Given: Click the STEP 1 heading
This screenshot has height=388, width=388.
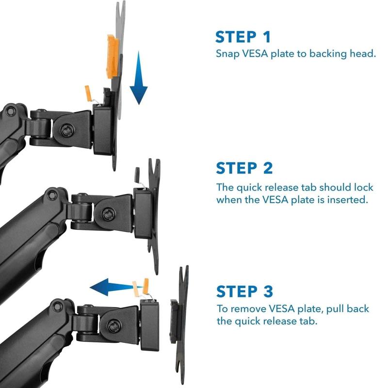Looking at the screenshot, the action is (243, 37).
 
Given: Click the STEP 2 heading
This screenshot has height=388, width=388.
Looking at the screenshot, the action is (244, 168).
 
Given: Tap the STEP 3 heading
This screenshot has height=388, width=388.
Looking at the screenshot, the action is (244, 291).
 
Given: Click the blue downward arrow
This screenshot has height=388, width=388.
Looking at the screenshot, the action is (139, 78).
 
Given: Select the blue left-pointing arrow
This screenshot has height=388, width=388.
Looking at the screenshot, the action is (116, 287).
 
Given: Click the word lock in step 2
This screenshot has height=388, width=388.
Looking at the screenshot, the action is (363, 187).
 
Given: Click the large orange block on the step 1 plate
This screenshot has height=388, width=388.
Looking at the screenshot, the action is (113, 57).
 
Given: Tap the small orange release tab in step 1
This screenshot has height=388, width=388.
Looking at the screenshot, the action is (88, 93).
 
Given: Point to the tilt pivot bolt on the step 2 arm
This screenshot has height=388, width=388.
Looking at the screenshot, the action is (108, 214).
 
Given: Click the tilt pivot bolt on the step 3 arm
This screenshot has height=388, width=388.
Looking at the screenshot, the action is (114, 325).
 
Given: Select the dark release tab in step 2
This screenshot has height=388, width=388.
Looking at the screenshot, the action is (137, 175).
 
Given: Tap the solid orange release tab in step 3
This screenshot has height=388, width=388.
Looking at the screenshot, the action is (146, 287).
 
